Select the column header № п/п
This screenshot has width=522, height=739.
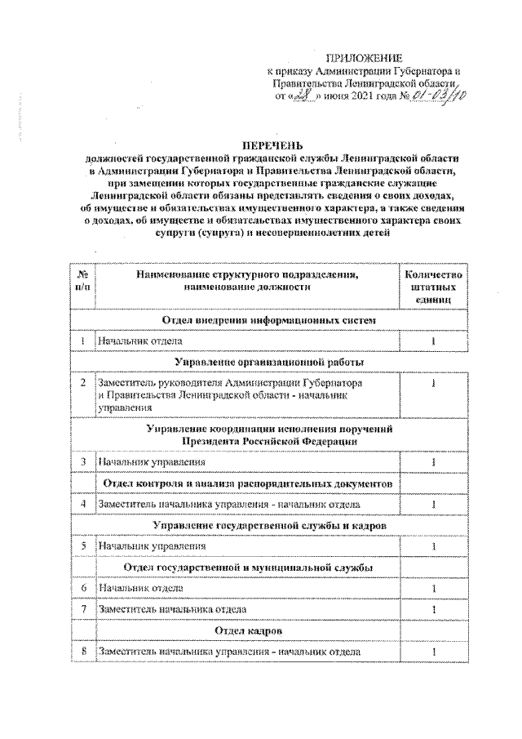[x=82, y=282]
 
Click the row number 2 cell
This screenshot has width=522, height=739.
[x=82, y=382]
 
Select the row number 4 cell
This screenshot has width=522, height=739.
[x=82, y=505]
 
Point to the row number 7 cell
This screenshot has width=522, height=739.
[x=82, y=609]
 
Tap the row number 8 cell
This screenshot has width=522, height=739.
[x=82, y=651]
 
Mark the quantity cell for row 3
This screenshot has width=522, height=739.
[x=433, y=463]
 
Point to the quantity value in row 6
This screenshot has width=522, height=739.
[x=433, y=588]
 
